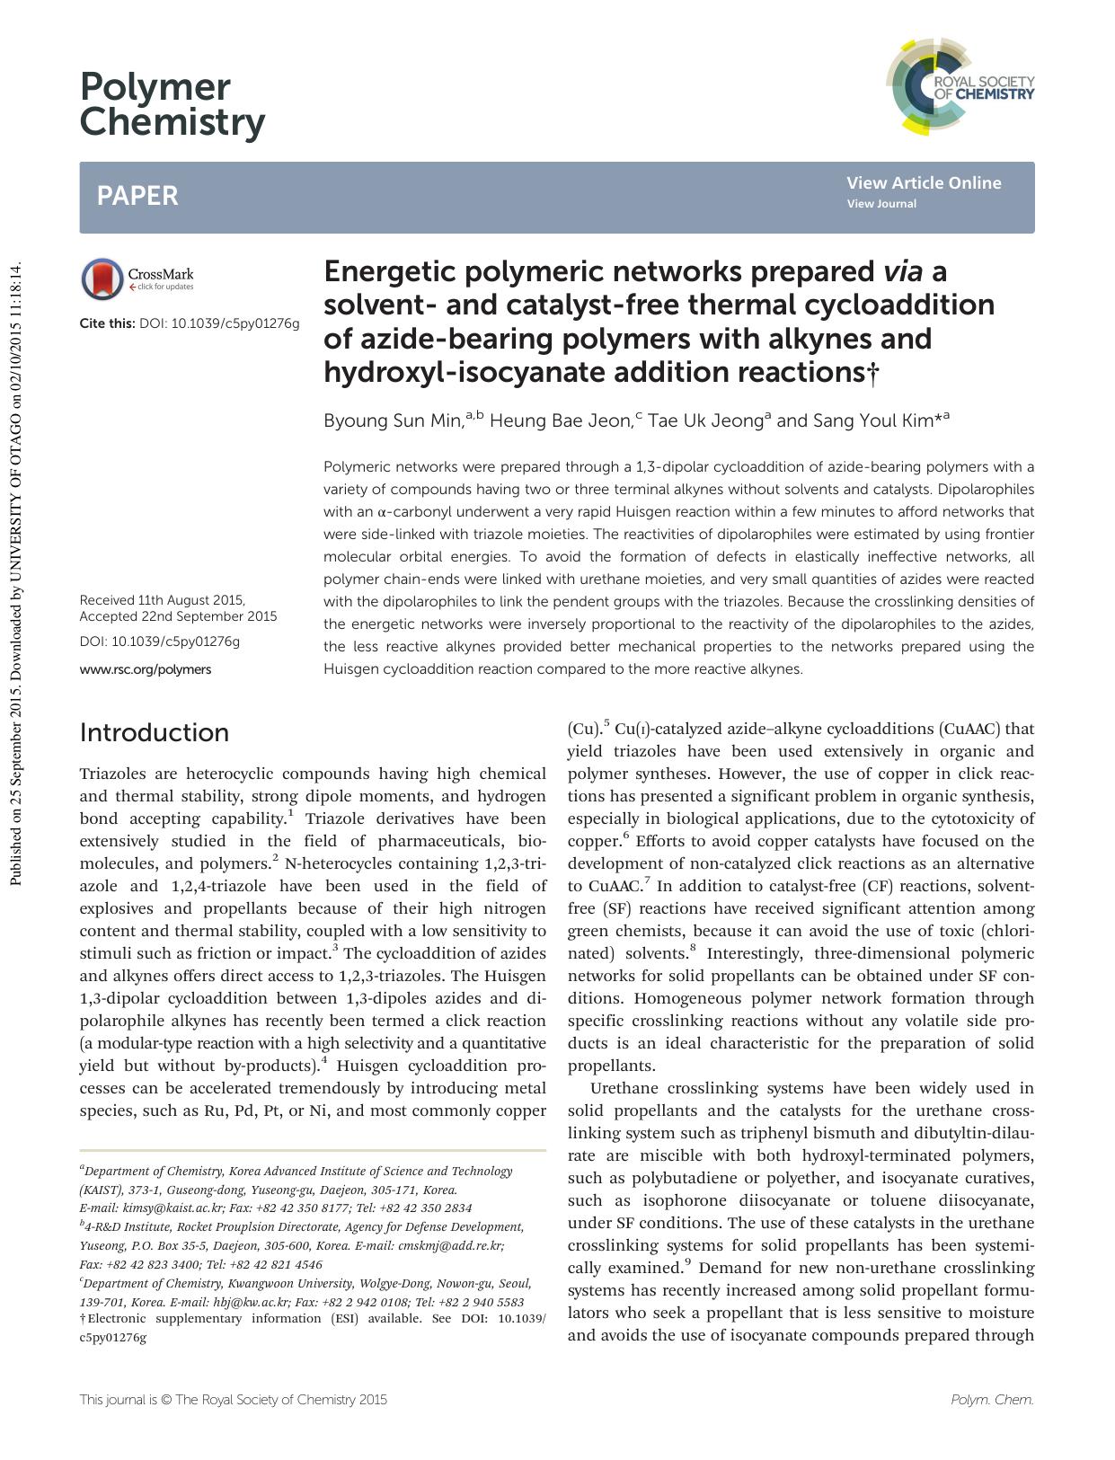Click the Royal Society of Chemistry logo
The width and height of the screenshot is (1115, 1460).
point(960,87)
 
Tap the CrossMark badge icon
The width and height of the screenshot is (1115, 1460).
point(102,279)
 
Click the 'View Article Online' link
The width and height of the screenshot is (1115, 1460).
point(923,183)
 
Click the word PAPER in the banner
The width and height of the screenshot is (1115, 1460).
point(137,196)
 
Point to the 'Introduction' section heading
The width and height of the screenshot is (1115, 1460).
point(155,733)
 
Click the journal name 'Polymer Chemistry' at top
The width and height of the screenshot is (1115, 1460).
point(172,104)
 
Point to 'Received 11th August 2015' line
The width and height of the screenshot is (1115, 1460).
point(163,600)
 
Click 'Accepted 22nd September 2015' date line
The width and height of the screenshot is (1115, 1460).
point(178,616)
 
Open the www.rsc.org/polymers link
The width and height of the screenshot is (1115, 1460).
point(146,669)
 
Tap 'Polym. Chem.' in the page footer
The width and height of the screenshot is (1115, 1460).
point(992,1400)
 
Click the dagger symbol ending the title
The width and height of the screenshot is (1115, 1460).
point(871,375)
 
